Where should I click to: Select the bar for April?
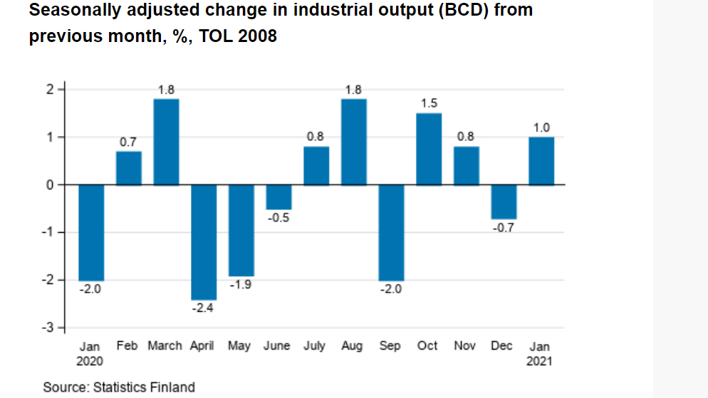pos(204,242)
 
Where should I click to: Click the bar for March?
pos(166,142)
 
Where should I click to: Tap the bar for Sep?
pos(391,233)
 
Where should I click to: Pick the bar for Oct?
pos(429,149)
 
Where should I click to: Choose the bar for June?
pos(278,197)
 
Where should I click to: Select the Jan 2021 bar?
pos(541,161)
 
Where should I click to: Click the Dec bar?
pos(504,201)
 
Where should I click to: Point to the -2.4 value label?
pos(204,308)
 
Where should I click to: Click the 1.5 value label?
pos(429,104)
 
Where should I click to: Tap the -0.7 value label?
pos(504,228)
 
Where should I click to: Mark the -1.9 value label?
pos(241,285)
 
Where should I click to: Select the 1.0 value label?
pos(541,127)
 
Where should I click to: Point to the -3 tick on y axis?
pos(48,328)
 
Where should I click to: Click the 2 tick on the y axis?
pos(50,89)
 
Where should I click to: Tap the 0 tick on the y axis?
pos(50,184)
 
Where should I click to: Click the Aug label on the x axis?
pos(353,346)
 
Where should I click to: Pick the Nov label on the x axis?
pos(466,346)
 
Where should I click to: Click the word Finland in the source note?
pos(172,387)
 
